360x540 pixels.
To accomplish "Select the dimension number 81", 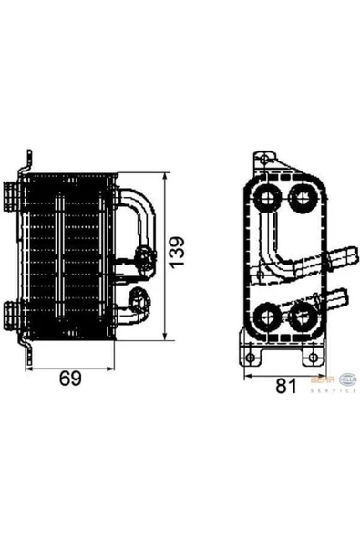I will pos(285,387).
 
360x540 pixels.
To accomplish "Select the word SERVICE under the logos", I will pos(334,390).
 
